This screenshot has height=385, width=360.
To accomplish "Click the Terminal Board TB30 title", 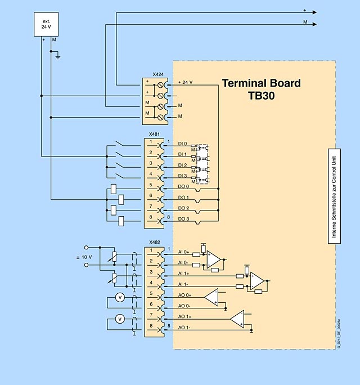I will [261, 89].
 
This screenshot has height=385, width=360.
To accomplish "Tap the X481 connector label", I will [154, 135].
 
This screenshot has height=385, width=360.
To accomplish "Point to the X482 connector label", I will [154, 243].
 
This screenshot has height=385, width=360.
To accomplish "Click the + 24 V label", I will [185, 82].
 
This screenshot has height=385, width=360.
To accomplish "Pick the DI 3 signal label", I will [182, 176].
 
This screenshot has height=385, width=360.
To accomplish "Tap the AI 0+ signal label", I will [183, 252].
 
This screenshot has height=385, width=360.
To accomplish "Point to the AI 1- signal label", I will [183, 284].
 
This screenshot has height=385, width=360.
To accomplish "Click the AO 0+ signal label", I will [184, 295].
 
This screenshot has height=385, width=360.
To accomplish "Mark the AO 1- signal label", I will [184, 327].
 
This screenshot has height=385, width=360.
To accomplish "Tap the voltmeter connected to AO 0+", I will [119, 297].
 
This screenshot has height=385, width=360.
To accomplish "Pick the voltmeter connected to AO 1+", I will [119, 319].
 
